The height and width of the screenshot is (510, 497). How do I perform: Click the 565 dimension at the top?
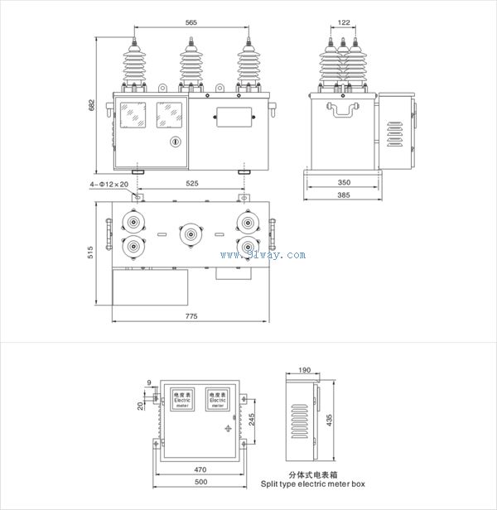tap(191, 24)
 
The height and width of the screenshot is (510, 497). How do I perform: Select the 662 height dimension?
tap(94, 105)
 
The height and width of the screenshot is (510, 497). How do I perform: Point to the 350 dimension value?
tap(343, 180)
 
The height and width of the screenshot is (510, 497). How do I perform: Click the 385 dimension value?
tap(343, 195)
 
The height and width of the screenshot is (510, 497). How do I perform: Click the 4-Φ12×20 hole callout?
tap(108, 184)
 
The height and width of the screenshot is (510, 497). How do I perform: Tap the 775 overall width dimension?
tap(191, 317)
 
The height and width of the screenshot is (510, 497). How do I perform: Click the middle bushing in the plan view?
tap(191, 234)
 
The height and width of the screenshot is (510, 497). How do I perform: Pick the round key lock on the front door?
tap(175, 142)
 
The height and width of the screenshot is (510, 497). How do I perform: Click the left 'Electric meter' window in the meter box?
tap(182, 399)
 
